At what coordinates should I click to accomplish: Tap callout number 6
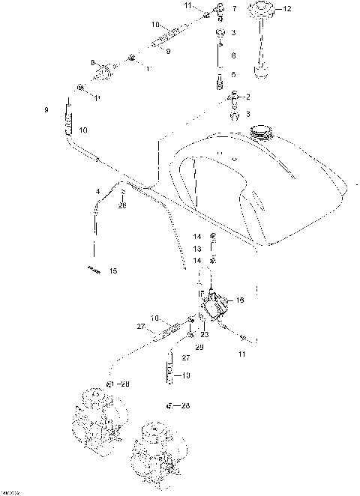[233, 55]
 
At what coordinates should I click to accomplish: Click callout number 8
[92, 62]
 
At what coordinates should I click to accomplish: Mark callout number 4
[97, 193]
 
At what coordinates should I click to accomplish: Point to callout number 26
[122, 205]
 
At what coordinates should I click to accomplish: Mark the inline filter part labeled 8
[103, 73]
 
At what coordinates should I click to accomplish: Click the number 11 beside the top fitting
[188, 5]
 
